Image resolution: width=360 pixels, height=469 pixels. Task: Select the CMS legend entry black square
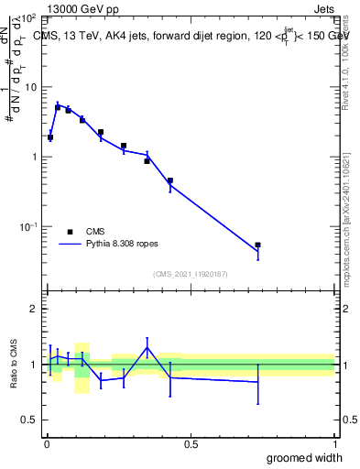70,232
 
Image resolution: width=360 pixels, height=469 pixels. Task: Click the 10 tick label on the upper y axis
29,87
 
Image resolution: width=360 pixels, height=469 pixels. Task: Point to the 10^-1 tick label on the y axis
28,226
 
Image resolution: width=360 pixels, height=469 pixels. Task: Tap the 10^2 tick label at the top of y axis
28,18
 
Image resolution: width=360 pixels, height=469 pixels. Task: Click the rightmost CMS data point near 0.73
257,245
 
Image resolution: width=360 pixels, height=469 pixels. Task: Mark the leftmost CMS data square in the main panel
50,137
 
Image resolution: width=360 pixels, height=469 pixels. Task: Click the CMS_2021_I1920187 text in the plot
190,274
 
